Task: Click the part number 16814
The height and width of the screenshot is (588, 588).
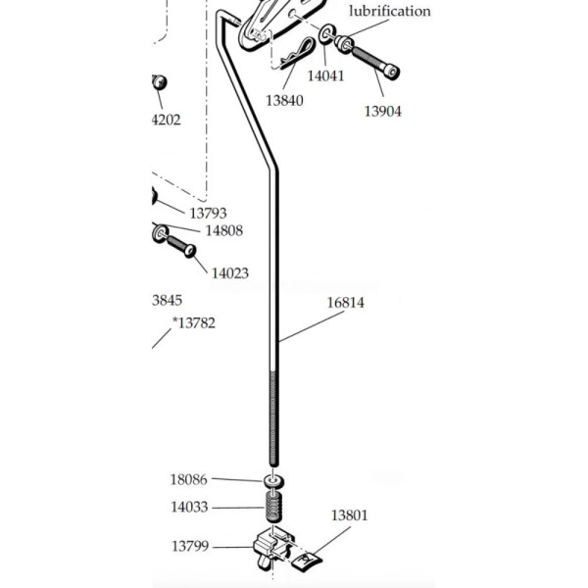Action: coord(345,303)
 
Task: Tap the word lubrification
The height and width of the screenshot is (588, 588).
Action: coord(389,12)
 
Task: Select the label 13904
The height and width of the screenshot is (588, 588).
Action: coord(383,112)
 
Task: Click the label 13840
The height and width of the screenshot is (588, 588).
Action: coord(284,100)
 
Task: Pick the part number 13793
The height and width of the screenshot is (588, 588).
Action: coord(208,212)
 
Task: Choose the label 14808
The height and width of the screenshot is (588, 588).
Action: coord(222,231)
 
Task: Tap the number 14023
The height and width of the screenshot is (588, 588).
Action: coord(229,273)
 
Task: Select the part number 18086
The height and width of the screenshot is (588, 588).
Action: coord(189,479)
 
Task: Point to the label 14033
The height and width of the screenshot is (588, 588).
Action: coord(189,508)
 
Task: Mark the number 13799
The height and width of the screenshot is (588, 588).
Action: coord(192,546)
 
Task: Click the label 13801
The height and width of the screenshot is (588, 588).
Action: coord(349,515)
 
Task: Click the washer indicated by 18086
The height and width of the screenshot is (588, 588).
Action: coord(272,481)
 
